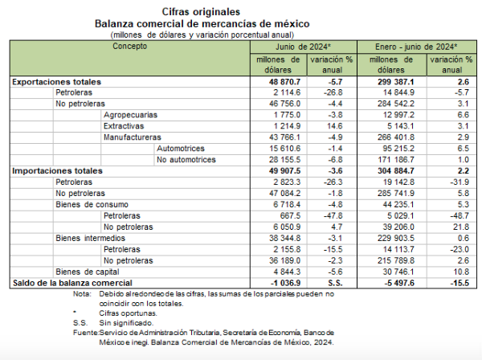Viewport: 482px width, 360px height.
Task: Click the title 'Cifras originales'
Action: (x=240, y=11)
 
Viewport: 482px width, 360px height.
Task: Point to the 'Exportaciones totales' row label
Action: (x=56, y=82)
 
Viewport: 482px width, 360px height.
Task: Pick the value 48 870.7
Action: (x=280, y=82)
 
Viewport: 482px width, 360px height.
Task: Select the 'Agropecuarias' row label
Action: (x=130, y=116)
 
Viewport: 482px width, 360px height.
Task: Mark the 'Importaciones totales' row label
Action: (x=56, y=171)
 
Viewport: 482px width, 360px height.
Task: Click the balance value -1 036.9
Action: (x=281, y=283)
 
